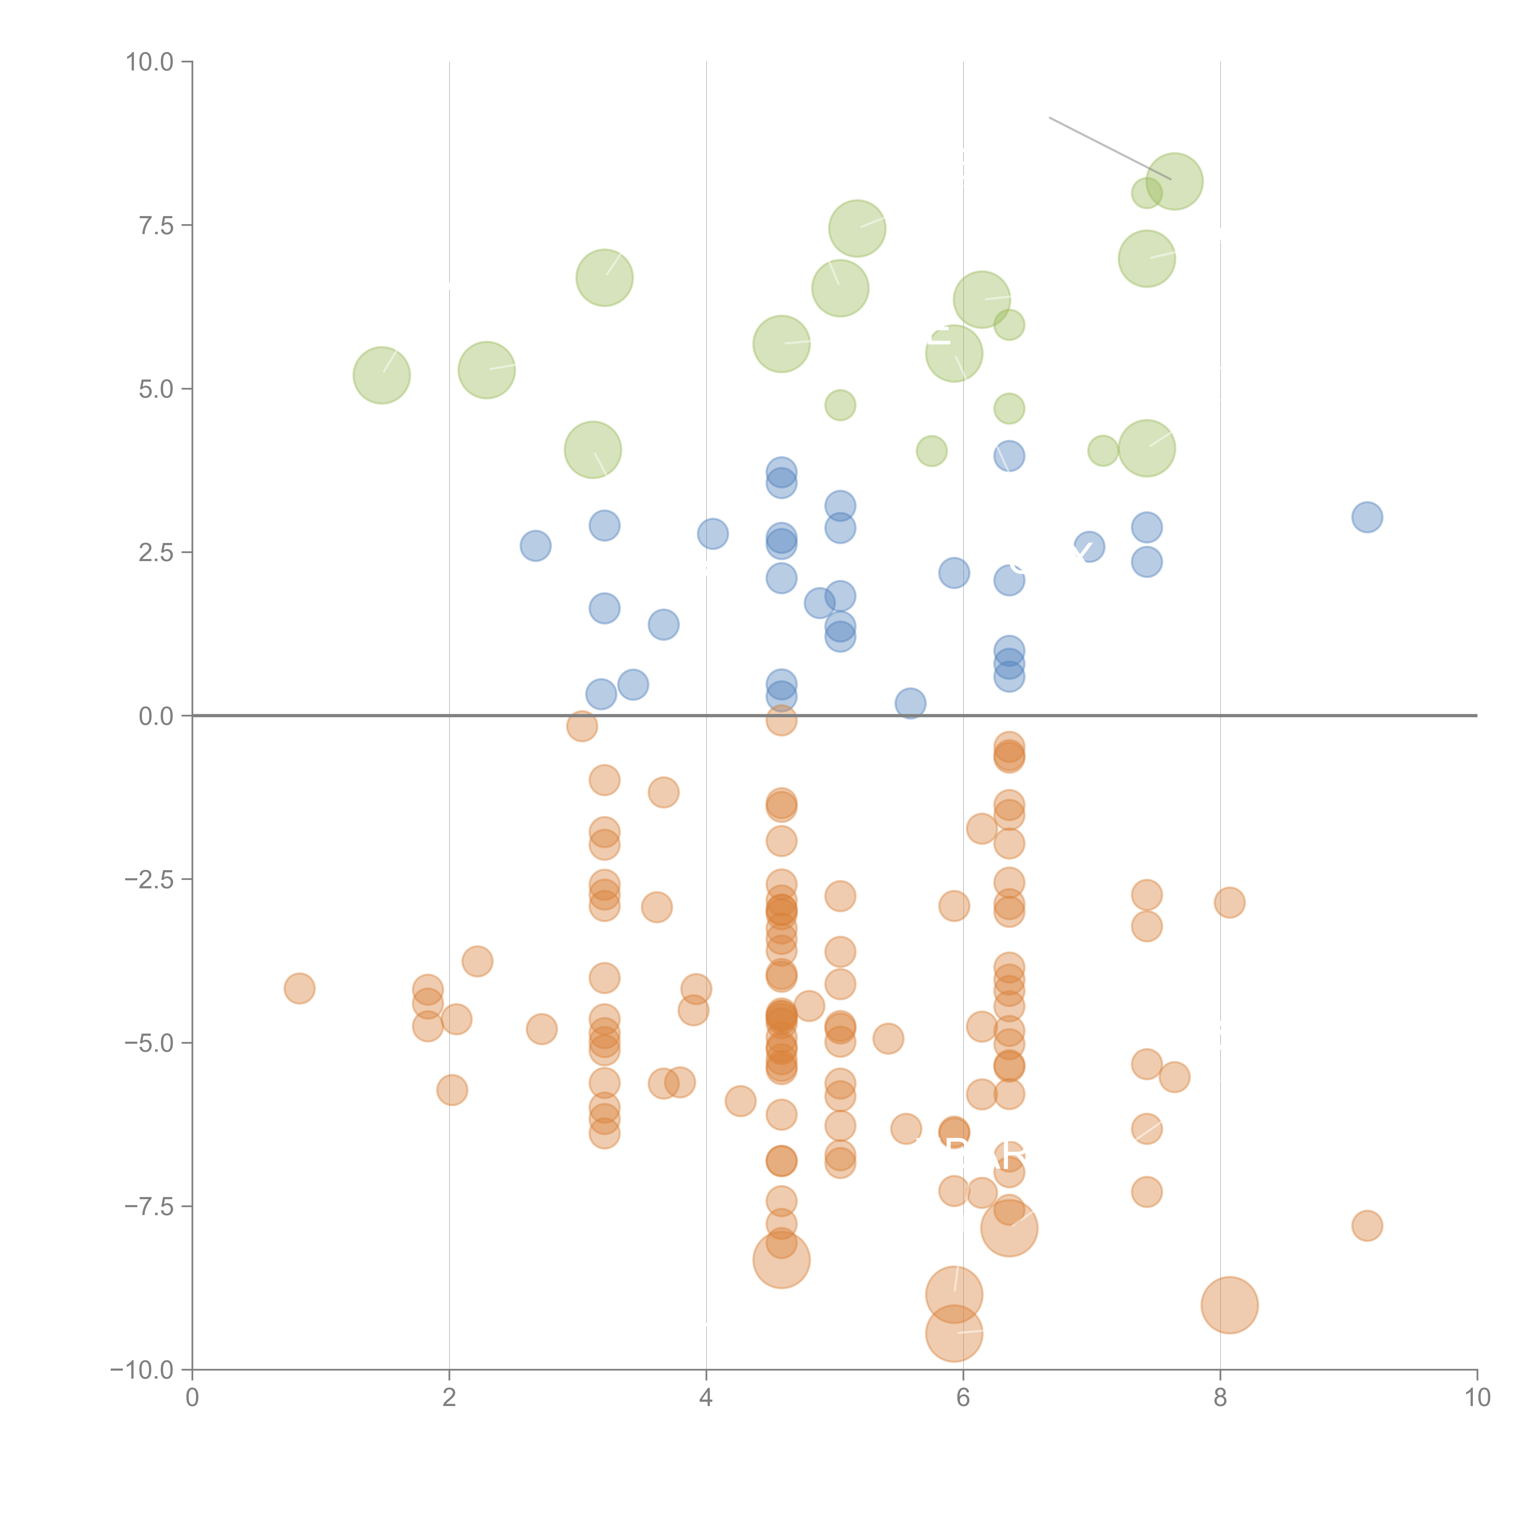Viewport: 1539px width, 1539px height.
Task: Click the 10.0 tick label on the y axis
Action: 150,62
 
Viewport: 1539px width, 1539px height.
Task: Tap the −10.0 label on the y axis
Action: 142,1370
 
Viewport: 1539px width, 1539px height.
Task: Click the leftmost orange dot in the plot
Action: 299,989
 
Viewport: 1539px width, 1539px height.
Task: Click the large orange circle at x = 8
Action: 1229,1305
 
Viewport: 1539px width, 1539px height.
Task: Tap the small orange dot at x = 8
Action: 1229,902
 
